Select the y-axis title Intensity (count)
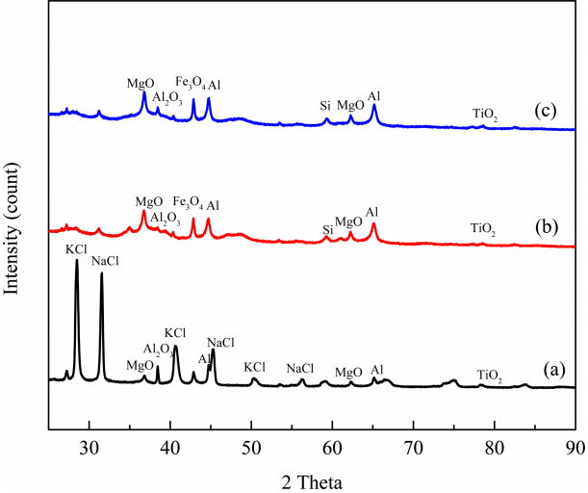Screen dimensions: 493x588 tap(13, 231)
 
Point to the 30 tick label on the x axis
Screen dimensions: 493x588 tap(89, 448)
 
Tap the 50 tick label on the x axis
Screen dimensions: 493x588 tap(251, 448)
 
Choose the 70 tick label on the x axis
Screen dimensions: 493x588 tap(413, 448)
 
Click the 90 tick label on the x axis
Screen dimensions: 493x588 tap(575, 448)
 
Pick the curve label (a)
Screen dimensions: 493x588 tap(551, 368)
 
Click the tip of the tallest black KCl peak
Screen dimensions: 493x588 tap(77, 261)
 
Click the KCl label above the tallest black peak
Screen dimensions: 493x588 tap(77, 248)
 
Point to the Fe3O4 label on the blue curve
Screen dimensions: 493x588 tap(189, 83)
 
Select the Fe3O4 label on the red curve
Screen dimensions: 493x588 tap(188, 202)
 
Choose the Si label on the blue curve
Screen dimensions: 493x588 tap(326, 105)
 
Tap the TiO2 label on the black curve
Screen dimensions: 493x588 tap(490, 376)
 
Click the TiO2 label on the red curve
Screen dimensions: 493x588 tap(482, 229)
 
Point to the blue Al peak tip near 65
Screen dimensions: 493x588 tap(373, 105)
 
